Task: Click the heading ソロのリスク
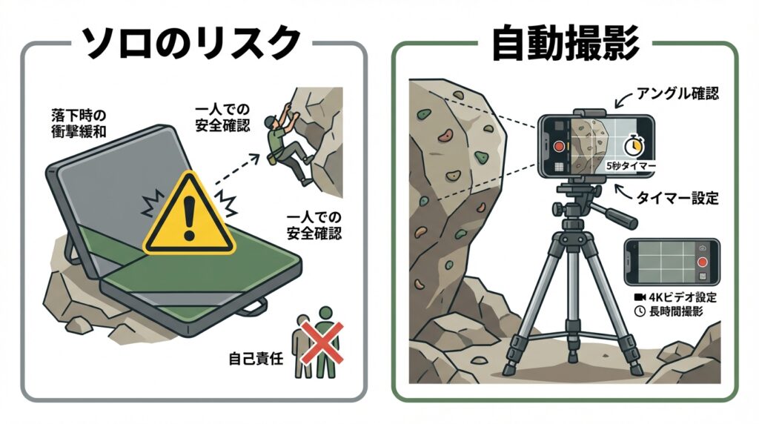(190, 44)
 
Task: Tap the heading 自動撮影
(566, 44)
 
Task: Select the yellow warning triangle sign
(189, 213)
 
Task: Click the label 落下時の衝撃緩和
(78, 123)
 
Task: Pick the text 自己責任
(256, 359)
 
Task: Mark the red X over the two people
(322, 343)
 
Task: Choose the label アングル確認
(677, 93)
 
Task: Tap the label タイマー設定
(677, 198)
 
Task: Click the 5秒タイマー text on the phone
(631, 166)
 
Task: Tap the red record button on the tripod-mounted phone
(560, 146)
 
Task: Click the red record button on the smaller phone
(702, 262)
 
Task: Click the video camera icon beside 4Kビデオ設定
(640, 297)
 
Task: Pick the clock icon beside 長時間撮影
(640, 311)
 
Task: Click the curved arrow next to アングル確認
(623, 100)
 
